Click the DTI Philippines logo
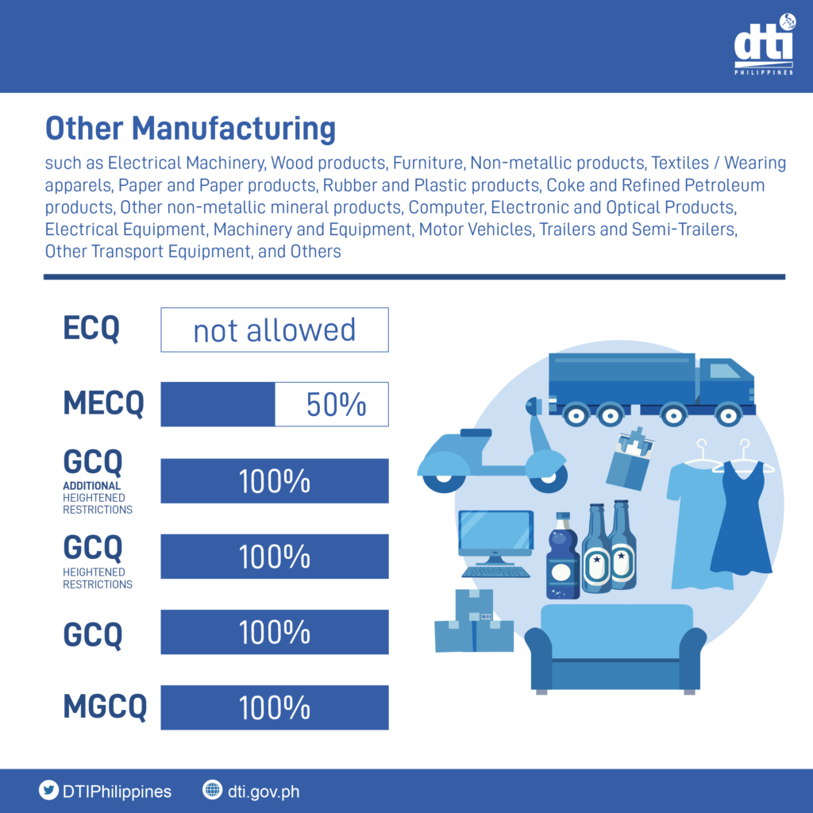763,47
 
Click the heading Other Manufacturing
190,129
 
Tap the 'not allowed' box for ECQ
275,329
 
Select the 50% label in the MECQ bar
336,405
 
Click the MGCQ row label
105,707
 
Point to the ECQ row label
91,329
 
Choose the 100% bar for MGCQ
275,707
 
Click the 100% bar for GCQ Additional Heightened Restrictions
275,481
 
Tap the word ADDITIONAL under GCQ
92,486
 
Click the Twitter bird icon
49,791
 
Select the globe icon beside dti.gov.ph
212,791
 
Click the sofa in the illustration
615,647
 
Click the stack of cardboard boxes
473,623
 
